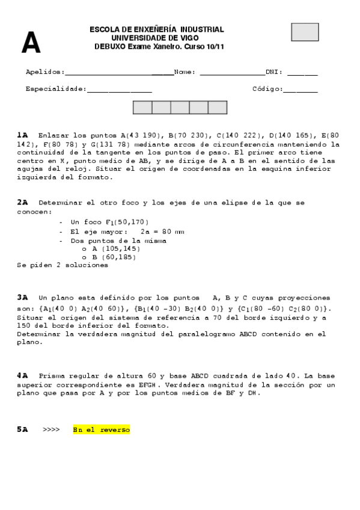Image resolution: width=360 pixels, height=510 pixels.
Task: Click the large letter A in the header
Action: pyautogui.click(x=31, y=43)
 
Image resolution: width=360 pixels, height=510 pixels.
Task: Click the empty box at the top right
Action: pyautogui.click(x=305, y=32)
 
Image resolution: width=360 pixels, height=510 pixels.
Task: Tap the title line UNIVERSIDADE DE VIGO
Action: pyautogui.click(x=156, y=38)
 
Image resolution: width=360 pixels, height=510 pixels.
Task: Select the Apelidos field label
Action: pyautogui.click(x=45, y=72)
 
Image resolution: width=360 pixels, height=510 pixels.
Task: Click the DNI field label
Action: pyautogui.click(x=275, y=72)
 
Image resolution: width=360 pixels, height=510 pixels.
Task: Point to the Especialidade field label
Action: pyautogui.click(x=56, y=89)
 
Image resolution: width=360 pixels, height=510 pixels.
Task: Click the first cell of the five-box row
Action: pyautogui.click(x=142, y=108)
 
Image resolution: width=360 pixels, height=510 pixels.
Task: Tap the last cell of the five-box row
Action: pyautogui.click(x=218, y=108)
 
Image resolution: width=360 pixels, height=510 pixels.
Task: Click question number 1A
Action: pyautogui.click(x=22, y=135)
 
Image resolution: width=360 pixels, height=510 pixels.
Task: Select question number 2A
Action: pyautogui.click(x=22, y=203)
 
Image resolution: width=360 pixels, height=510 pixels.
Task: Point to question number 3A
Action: pyautogui.click(x=22, y=297)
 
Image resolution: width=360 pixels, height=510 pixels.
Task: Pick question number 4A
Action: pyautogui.click(x=22, y=375)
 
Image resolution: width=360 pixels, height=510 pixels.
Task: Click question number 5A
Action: pyautogui.click(x=22, y=429)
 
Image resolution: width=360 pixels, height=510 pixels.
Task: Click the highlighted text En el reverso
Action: pyautogui.click(x=101, y=430)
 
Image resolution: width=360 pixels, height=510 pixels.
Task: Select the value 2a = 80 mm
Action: pyautogui.click(x=162, y=231)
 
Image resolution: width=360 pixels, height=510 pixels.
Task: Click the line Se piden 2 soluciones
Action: pyautogui.click(x=63, y=265)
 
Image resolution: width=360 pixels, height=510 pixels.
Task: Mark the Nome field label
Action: pyautogui.click(x=185, y=72)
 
